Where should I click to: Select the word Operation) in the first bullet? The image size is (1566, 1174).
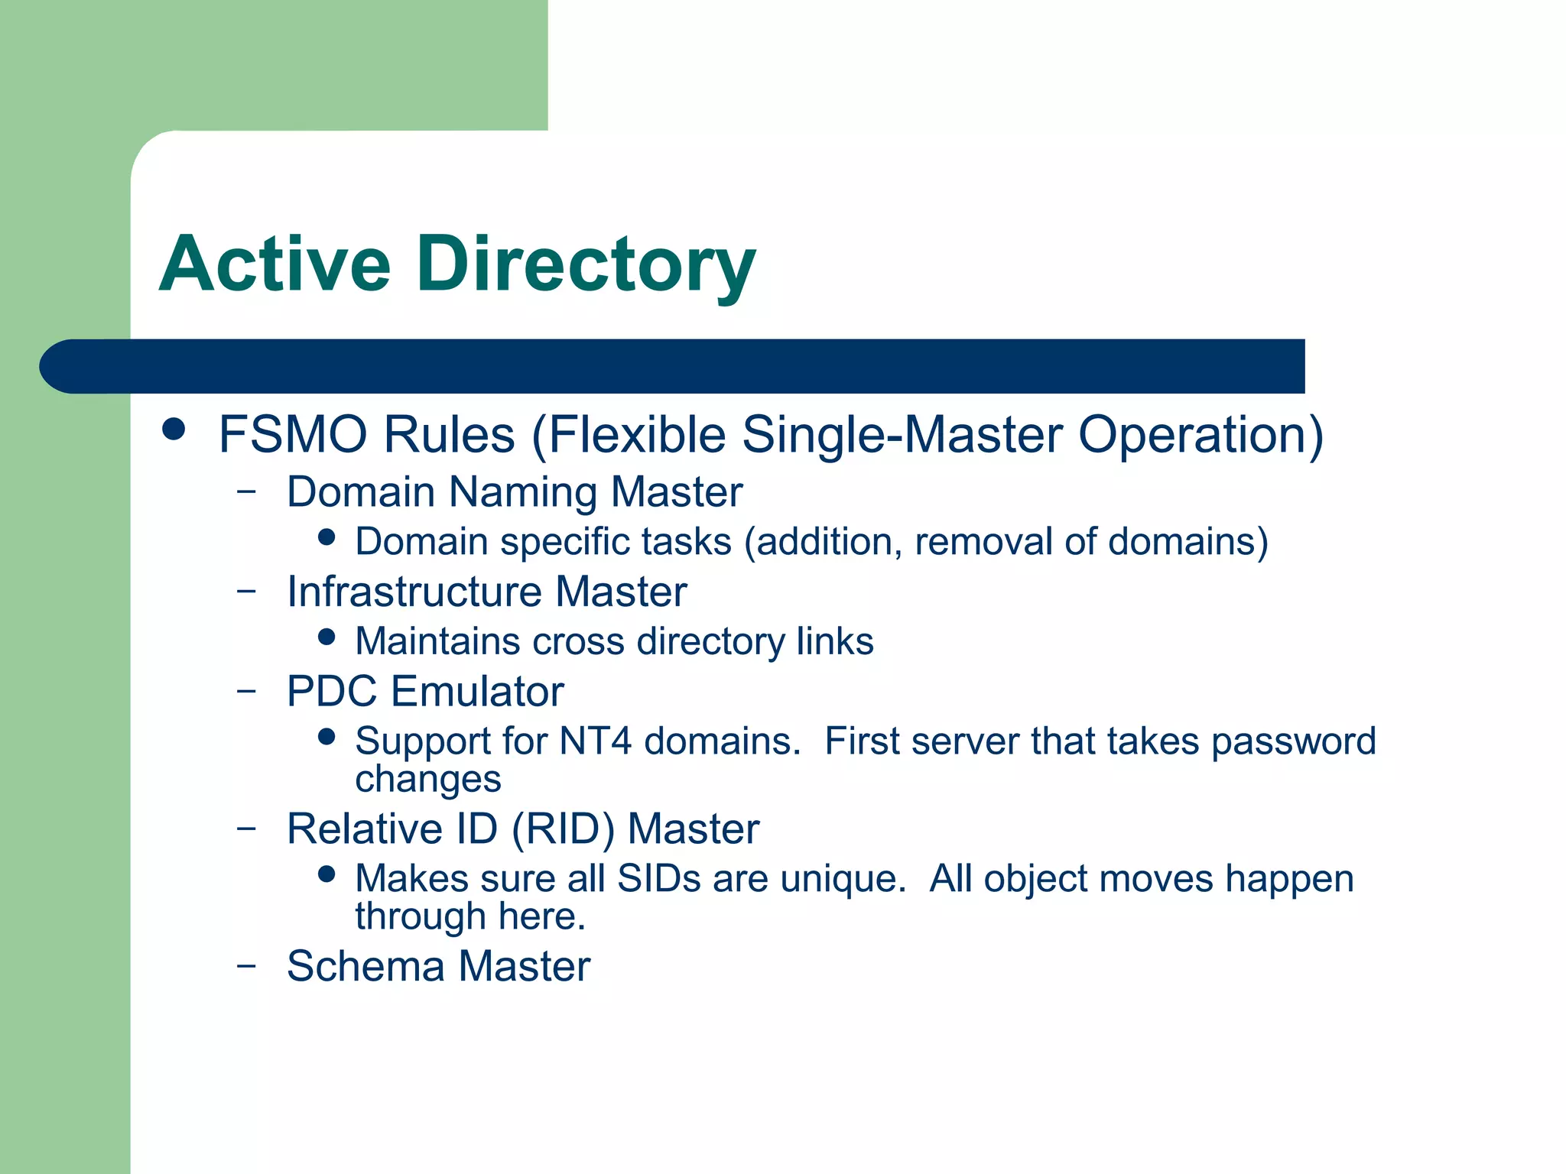click(1200, 435)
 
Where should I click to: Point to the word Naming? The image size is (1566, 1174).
click(522, 491)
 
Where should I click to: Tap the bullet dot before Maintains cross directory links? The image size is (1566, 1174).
click(327, 637)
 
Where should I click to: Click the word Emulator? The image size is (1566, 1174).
click(477, 692)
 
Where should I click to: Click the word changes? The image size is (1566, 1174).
click(428, 780)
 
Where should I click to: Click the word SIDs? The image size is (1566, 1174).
click(659, 879)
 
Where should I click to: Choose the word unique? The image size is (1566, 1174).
click(843, 879)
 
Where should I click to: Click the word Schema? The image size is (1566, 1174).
click(366, 966)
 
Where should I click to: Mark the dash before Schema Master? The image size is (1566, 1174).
click(246, 965)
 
